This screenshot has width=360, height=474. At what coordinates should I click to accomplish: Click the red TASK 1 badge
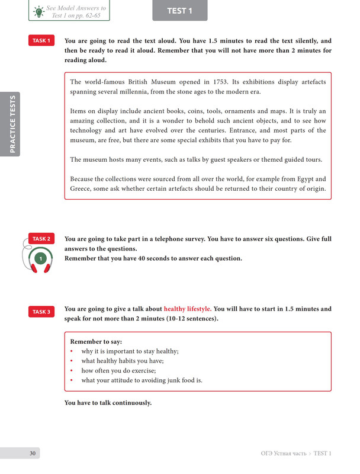41,41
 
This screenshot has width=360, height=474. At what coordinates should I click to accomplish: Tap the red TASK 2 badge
41,239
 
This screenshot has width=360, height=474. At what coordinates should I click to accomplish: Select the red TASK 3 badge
41,312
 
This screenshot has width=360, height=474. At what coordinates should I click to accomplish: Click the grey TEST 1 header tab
180,11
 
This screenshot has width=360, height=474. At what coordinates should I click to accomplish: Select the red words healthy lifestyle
187,309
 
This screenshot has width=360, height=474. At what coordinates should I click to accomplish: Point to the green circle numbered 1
40,259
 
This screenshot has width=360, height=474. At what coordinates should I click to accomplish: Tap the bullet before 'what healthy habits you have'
72,361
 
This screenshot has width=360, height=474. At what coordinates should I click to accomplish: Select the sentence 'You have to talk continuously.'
108,403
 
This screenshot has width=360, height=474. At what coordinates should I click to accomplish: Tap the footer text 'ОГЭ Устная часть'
284,453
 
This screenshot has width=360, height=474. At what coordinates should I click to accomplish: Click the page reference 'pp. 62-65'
95,15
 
